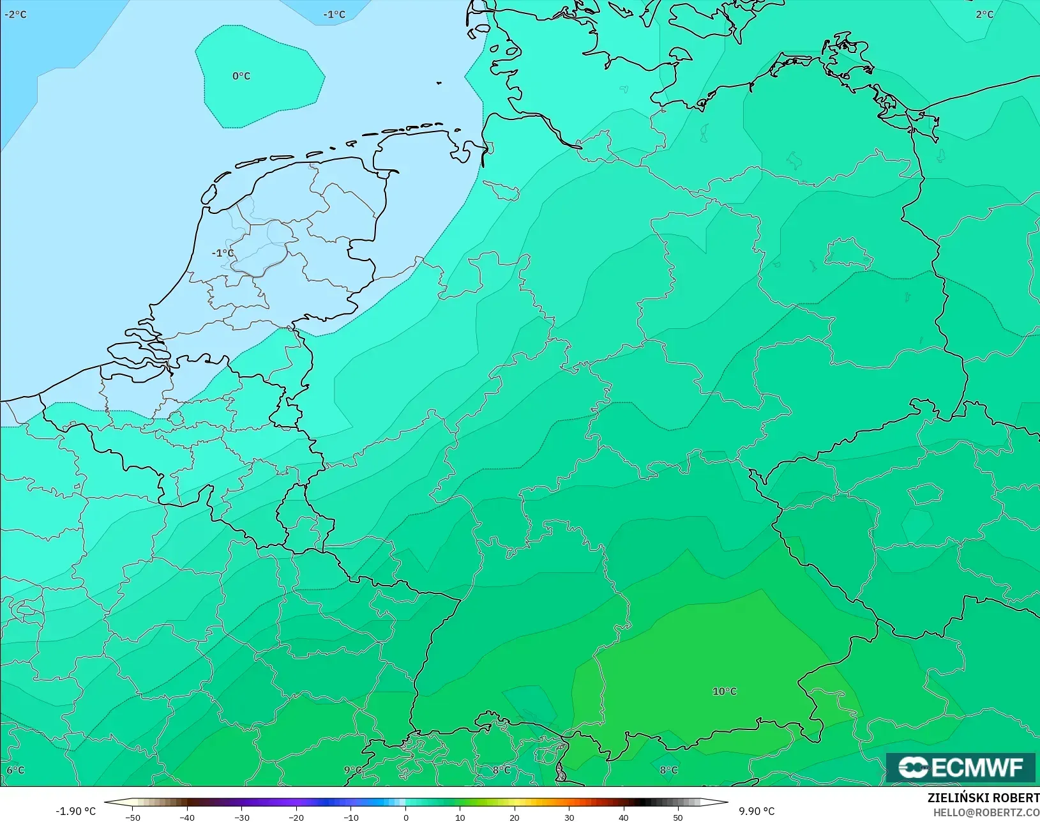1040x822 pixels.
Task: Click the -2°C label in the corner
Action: coord(15,14)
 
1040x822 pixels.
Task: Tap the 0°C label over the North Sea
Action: coord(241,76)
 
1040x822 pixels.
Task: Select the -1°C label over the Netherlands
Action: coord(223,253)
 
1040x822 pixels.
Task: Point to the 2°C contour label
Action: coord(984,14)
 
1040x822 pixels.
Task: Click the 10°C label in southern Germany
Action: coord(724,691)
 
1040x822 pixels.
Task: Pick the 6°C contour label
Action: coord(15,770)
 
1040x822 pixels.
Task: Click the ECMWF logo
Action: coord(960,767)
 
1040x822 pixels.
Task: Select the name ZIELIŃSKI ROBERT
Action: coord(983,798)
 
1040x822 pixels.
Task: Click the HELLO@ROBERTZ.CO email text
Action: coord(986,812)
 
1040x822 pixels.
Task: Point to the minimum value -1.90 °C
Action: coord(75,811)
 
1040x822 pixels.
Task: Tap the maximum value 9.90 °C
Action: coord(757,811)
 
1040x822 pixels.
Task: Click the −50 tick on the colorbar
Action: coord(133,817)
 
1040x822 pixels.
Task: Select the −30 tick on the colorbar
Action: coord(241,817)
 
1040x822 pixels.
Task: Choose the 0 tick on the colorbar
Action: coord(405,817)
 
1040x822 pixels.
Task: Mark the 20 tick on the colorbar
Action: coord(515,817)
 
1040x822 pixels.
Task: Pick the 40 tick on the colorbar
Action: coord(624,817)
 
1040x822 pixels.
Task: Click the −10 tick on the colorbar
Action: coord(350,817)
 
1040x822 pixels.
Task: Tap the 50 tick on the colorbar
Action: coord(678,817)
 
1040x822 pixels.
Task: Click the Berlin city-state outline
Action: coord(848,254)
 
